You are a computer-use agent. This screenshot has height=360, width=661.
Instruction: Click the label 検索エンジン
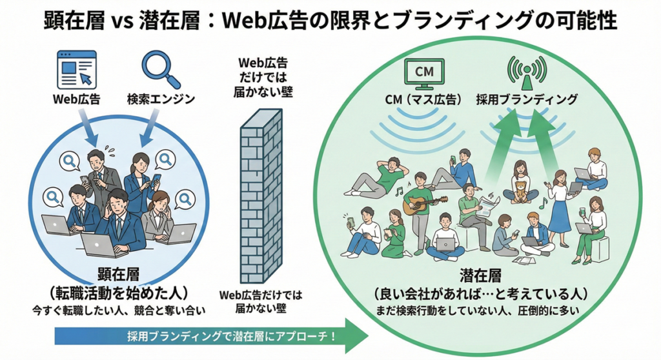(161, 101)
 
